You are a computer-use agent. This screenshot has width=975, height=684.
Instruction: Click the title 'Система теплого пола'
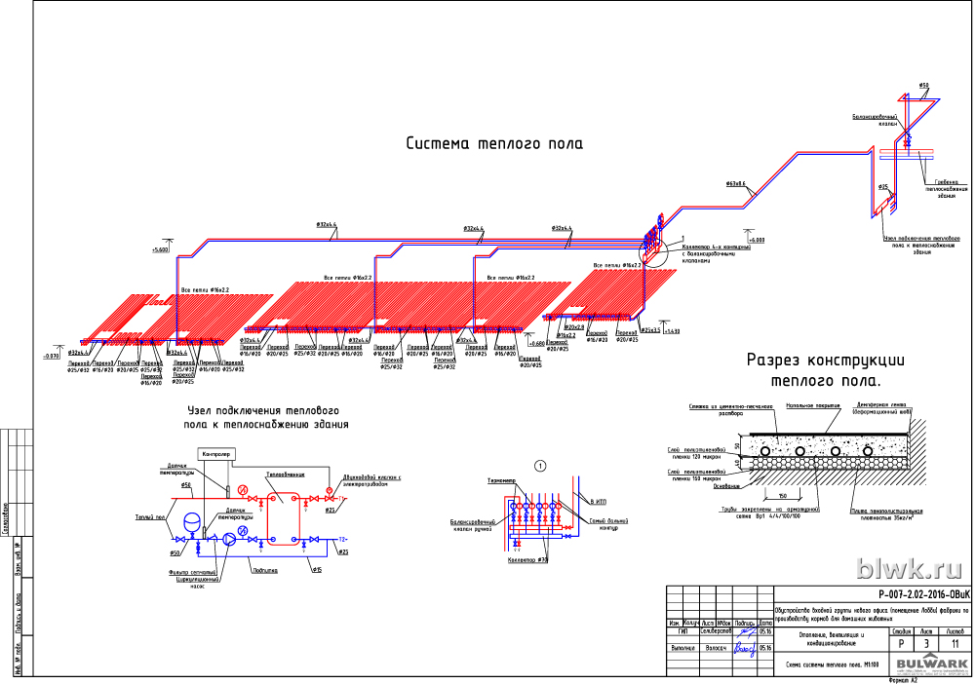[494, 144]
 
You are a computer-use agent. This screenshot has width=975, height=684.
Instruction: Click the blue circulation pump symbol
[228, 539]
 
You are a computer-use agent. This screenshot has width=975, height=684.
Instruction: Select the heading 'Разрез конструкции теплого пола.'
[813, 369]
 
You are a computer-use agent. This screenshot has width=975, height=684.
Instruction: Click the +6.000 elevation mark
[758, 239]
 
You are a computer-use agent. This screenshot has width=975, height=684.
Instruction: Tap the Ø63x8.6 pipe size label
[735, 184]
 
